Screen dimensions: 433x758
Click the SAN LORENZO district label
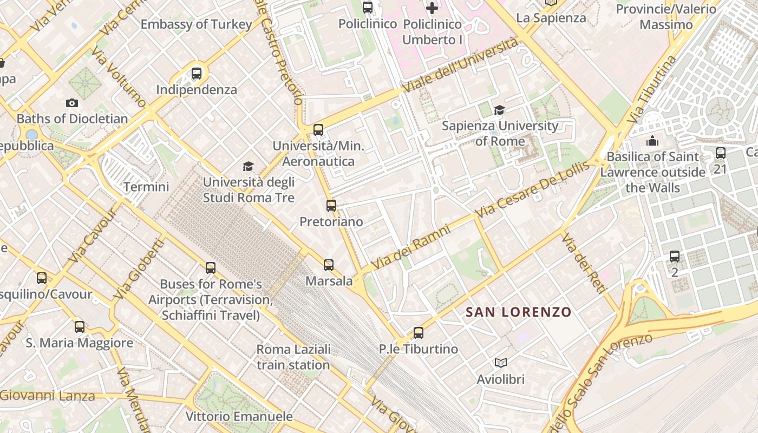coord(518,312)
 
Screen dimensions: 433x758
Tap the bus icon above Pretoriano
coord(331,206)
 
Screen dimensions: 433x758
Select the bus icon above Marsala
coord(329,265)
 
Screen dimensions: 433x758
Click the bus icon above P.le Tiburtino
coord(418,333)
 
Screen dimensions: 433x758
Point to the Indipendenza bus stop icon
coord(197,73)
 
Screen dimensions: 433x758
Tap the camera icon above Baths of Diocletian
coord(72,103)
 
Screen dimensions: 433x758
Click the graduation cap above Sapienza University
coord(499,110)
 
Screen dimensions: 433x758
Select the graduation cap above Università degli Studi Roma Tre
coord(248,166)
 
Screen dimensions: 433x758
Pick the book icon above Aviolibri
coord(501,363)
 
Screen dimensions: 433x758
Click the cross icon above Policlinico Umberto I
coord(432,8)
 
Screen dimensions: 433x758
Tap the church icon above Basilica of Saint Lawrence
coord(652,141)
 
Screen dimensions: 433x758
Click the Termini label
coord(146,187)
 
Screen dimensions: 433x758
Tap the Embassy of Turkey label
coord(197,24)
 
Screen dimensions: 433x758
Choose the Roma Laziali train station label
coord(293,357)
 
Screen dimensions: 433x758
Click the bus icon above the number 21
coord(720,153)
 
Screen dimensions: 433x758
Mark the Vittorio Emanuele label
coord(239,416)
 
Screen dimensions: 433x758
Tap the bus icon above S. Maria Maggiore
coord(80,327)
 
